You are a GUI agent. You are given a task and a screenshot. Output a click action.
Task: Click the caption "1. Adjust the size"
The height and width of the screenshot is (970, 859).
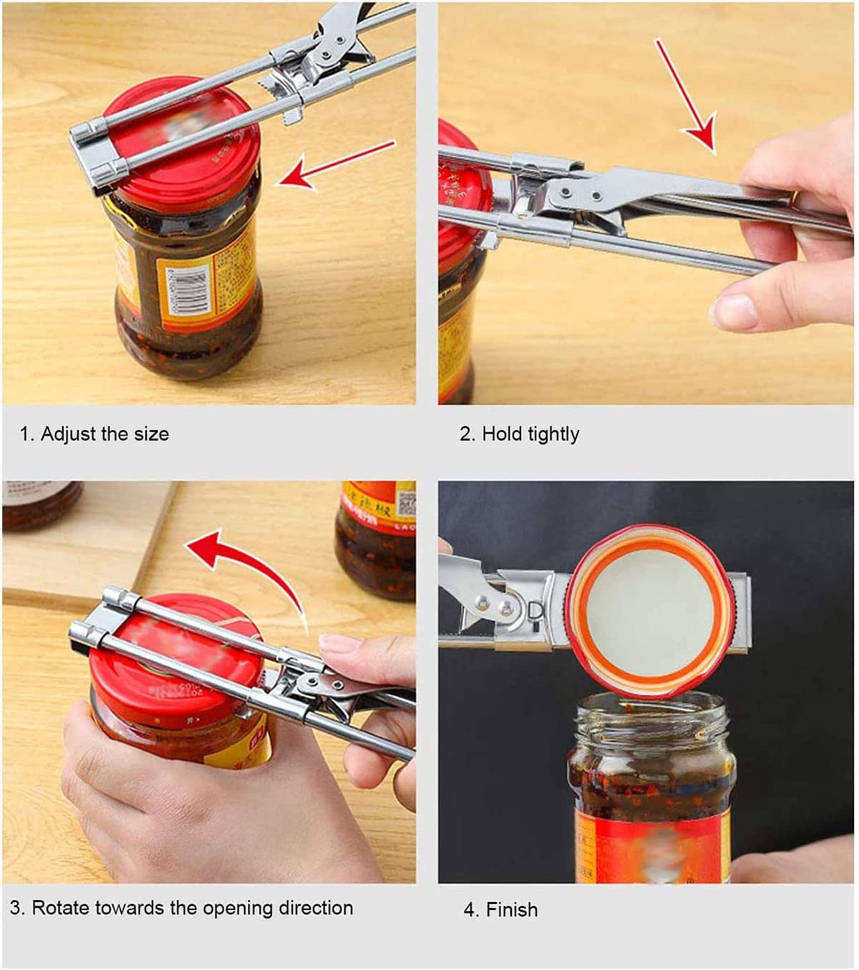(x=94, y=434)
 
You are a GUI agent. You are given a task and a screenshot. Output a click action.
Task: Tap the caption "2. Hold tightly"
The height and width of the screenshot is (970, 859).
(x=520, y=434)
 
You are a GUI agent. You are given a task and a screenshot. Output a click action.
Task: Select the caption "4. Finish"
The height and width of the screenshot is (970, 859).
(x=500, y=910)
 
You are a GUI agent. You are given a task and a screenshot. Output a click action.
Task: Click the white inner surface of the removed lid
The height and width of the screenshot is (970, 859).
(x=649, y=610)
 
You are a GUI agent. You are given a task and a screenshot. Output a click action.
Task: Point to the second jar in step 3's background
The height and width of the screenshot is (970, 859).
(x=375, y=537)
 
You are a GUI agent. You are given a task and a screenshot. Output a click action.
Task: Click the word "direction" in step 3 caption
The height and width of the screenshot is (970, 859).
(x=316, y=908)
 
